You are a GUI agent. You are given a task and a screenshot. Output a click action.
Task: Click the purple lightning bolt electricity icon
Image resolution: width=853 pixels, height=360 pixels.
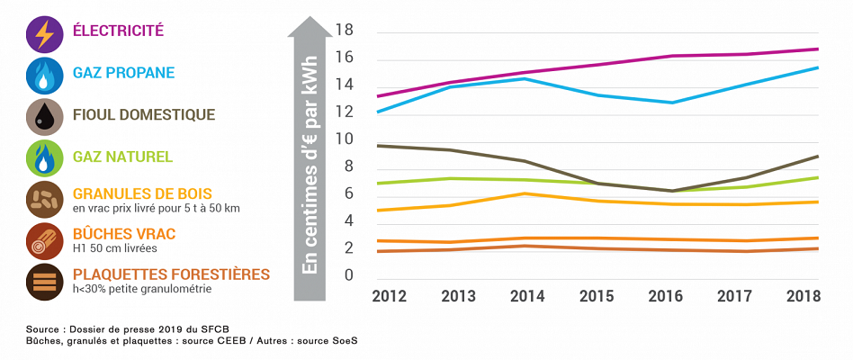pyautogui.click(x=44, y=34)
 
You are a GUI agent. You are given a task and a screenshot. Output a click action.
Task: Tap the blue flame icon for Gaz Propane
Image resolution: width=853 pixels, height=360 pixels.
pyautogui.click(x=44, y=76)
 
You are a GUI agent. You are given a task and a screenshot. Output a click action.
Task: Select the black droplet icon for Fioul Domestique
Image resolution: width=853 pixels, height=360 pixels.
pyautogui.click(x=44, y=117)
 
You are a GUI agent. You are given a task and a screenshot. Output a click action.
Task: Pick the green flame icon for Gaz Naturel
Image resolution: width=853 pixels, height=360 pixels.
pyautogui.click(x=44, y=158)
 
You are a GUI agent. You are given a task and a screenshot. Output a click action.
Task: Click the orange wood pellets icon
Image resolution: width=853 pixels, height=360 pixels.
pyautogui.click(x=44, y=199)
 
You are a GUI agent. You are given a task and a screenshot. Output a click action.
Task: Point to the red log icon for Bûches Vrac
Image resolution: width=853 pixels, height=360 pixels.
pyautogui.click(x=44, y=240)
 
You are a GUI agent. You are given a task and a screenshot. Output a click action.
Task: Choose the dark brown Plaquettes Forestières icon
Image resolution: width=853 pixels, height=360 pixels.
pyautogui.click(x=44, y=281)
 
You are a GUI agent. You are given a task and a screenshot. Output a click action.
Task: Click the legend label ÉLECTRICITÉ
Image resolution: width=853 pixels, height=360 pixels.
pyautogui.click(x=118, y=31)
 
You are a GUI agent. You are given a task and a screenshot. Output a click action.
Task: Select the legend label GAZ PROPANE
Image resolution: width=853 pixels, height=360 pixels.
pyautogui.click(x=123, y=72)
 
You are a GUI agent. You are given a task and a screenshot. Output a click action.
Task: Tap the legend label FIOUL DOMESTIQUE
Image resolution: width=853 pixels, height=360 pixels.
pyautogui.click(x=144, y=114)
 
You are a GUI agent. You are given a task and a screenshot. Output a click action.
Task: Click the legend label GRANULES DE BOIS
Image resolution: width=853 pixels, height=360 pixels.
pyautogui.click(x=145, y=193)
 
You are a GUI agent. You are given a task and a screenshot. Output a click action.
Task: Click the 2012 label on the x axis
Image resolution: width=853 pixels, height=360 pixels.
pyautogui.click(x=390, y=295)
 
